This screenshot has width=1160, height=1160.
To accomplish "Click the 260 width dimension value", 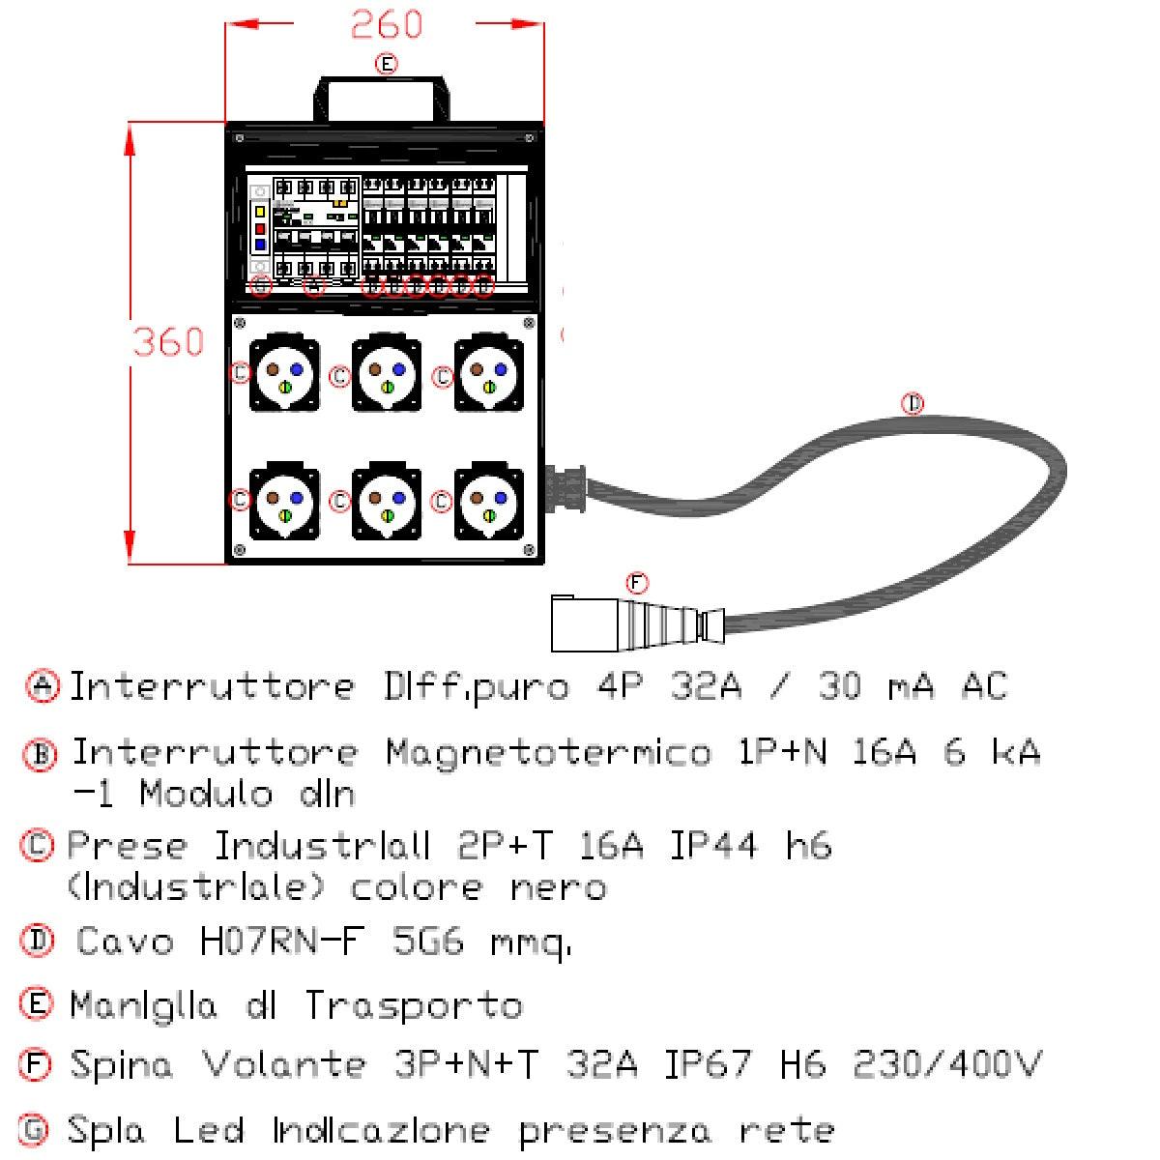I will pos(386,24).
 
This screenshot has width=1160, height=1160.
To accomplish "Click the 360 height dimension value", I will pos(168,341).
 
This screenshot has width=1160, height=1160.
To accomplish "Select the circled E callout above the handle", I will pos(385,64).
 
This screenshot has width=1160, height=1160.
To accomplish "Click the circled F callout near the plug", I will pos(636,583).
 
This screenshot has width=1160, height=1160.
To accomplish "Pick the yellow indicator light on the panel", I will pos(260,212).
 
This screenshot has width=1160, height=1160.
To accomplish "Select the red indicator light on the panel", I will pos(260,229).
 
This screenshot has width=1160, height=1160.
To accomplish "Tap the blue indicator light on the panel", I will pos(260,246).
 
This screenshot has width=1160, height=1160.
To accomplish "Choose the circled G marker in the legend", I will pos(34,1128).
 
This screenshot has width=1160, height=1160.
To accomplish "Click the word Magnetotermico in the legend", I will pos(548,751).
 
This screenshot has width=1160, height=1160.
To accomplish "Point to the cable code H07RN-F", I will pos(284,941).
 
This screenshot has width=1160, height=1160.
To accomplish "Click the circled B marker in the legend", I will pos(40,754).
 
